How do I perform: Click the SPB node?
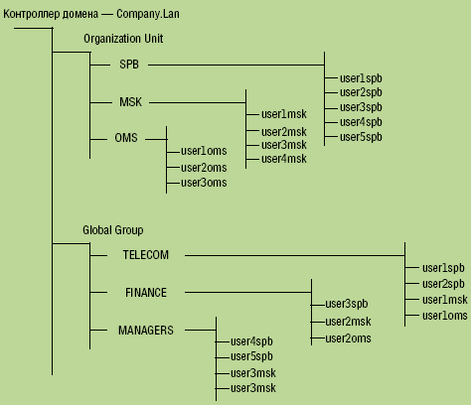(130, 65)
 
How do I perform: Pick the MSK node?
(131, 102)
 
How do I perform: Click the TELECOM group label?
(146, 254)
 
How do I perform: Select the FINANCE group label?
(146, 293)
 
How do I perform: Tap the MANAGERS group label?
(146, 330)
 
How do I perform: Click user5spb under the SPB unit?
(361, 136)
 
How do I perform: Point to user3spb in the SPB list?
(361, 106)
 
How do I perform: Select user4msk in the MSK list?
(284, 159)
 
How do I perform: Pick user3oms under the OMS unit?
(204, 182)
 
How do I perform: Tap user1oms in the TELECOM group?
(444, 315)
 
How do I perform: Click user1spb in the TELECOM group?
(443, 267)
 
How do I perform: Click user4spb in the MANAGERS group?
(251, 341)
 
